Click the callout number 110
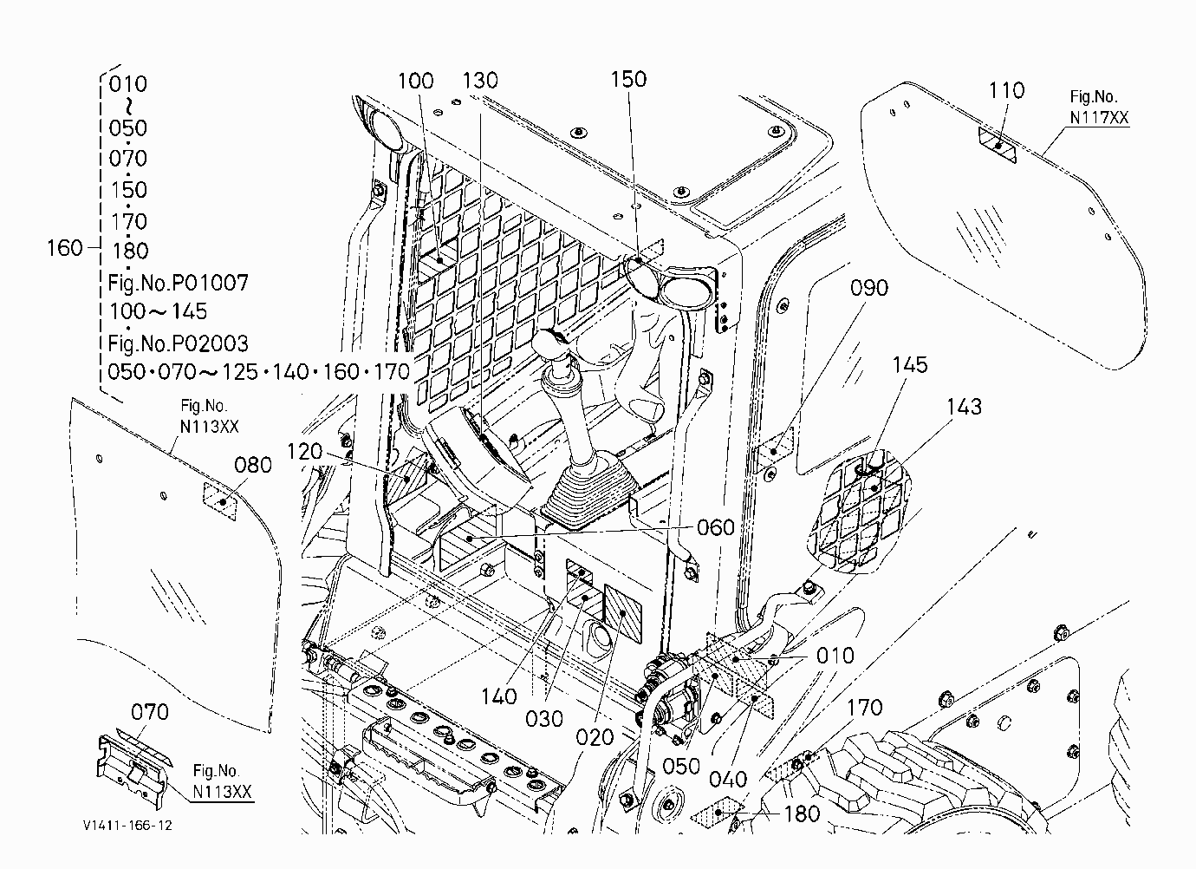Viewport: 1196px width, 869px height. pyautogui.click(x=1007, y=90)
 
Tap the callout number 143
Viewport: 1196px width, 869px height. pyautogui.click(x=965, y=407)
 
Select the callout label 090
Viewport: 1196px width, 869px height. pyautogui.click(x=869, y=288)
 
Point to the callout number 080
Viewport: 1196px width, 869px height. pyautogui.click(x=253, y=465)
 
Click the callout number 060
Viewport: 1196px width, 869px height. pyautogui.click(x=716, y=527)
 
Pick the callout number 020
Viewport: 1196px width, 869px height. pyautogui.click(x=595, y=738)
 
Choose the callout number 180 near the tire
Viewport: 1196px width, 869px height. pyautogui.click(x=802, y=814)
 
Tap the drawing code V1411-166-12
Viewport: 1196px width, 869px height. pyautogui.click(x=127, y=826)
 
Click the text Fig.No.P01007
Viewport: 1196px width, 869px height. pyautogui.click(x=179, y=282)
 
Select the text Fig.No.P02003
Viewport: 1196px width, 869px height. pyautogui.click(x=179, y=343)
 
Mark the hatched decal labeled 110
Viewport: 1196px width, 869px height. pyautogui.click(x=998, y=145)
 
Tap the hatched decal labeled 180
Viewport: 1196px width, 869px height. pyautogui.click(x=717, y=812)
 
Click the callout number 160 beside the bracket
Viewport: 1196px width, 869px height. pyautogui.click(x=65, y=248)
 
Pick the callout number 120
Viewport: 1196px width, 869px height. pyautogui.click(x=305, y=452)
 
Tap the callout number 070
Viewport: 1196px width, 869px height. pyautogui.click(x=150, y=712)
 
